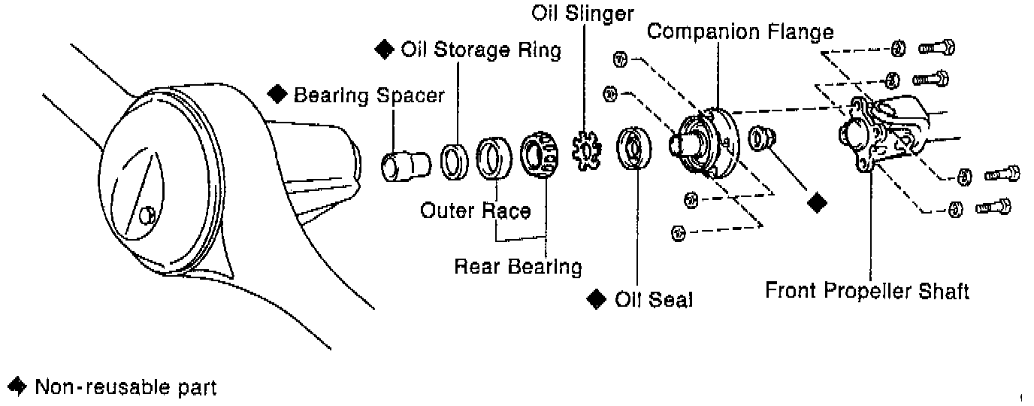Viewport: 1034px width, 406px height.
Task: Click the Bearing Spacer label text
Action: (369, 96)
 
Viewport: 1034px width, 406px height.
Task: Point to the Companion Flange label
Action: (740, 32)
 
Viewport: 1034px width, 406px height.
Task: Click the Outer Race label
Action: (475, 211)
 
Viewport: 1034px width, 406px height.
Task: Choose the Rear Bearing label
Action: (518, 267)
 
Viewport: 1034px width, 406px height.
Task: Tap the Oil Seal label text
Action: (654, 299)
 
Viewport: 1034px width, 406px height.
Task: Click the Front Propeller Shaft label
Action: (867, 291)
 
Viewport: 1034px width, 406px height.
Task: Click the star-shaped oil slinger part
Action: (587, 150)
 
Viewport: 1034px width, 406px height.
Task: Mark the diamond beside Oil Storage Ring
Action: (384, 50)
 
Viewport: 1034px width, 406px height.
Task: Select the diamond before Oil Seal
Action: (597, 299)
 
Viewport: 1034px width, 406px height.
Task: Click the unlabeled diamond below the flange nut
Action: (818, 203)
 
